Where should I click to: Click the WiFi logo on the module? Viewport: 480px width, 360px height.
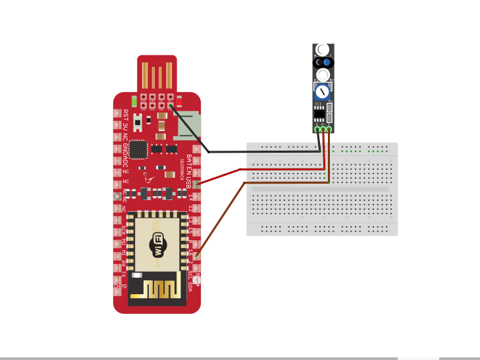[x=157, y=244]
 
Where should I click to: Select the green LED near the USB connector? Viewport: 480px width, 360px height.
[x=134, y=101]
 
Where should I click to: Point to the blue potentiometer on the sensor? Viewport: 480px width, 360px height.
[x=323, y=91]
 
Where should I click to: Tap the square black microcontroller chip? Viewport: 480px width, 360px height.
[x=138, y=149]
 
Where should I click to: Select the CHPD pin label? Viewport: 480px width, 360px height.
[x=120, y=286]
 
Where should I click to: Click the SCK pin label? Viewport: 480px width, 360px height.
[x=124, y=230]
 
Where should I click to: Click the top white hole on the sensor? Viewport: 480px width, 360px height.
[x=323, y=50]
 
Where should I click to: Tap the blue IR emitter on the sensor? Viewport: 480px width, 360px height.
[x=326, y=62]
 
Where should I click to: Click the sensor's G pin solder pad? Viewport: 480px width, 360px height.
[x=317, y=129]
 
